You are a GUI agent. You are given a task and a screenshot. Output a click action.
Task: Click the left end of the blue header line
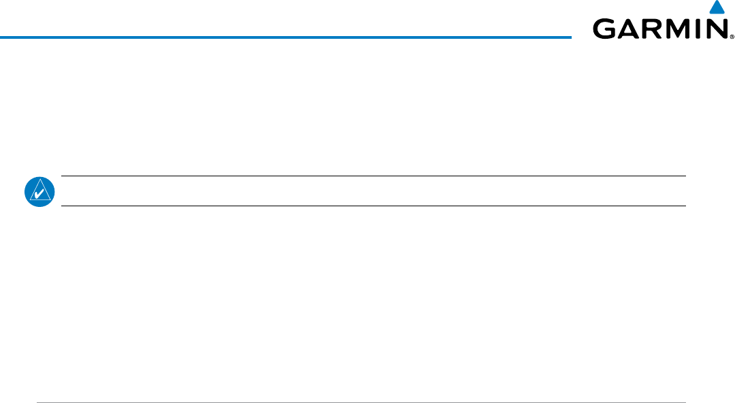[1, 37]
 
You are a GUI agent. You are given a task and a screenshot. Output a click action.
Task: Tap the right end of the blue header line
[570, 37]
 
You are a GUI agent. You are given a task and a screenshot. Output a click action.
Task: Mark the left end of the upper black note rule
[62, 176]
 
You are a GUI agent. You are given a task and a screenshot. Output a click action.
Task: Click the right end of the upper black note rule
[685, 176]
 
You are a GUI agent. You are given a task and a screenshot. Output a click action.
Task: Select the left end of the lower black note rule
[62, 206]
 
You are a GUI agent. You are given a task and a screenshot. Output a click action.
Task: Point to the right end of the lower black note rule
[685, 206]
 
